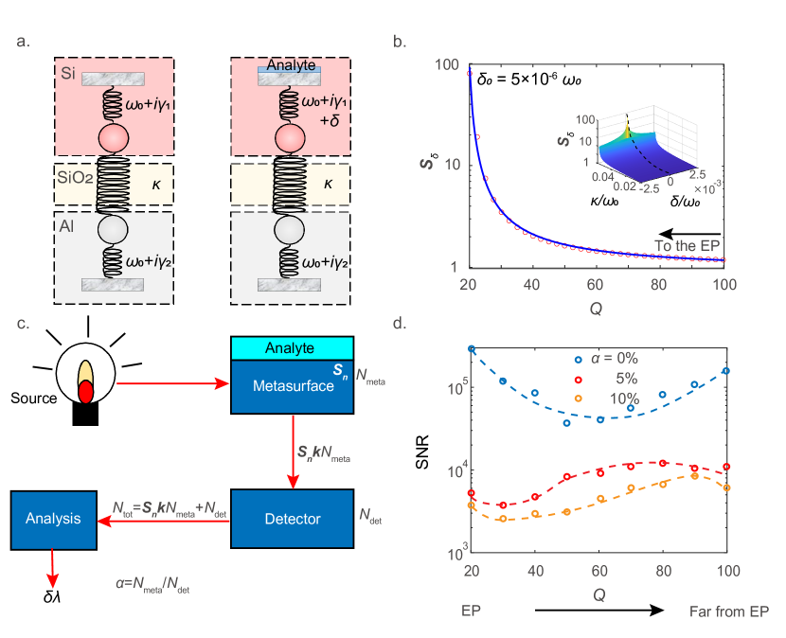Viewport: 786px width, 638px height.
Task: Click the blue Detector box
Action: (x=292, y=519)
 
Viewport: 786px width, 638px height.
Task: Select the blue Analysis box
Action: (x=54, y=519)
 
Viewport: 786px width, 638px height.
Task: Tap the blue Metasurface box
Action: (x=292, y=385)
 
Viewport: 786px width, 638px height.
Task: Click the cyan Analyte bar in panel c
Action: (x=292, y=348)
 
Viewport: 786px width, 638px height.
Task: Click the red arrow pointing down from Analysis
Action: (x=53, y=568)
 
